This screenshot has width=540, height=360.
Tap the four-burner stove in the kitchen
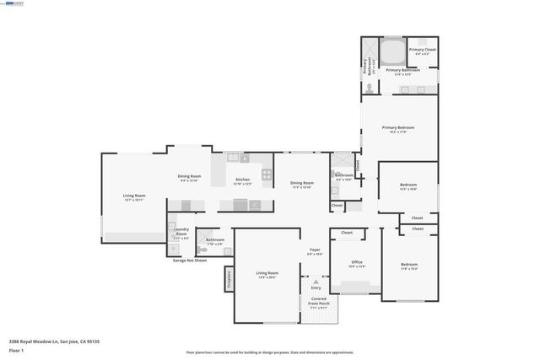click(267, 175)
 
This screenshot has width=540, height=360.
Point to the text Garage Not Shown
click(190, 261)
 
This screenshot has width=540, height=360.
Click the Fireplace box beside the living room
click(229, 279)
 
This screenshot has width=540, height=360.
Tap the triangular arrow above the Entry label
click(316, 281)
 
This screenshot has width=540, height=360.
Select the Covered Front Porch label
click(318, 301)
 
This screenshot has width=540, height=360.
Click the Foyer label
click(315, 250)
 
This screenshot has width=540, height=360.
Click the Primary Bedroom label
click(398, 127)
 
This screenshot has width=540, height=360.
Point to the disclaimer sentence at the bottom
click(269, 352)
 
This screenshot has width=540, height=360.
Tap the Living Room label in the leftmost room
click(134, 196)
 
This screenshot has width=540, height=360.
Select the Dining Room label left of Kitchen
click(188, 177)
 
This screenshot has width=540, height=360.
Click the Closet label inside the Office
click(347, 233)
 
